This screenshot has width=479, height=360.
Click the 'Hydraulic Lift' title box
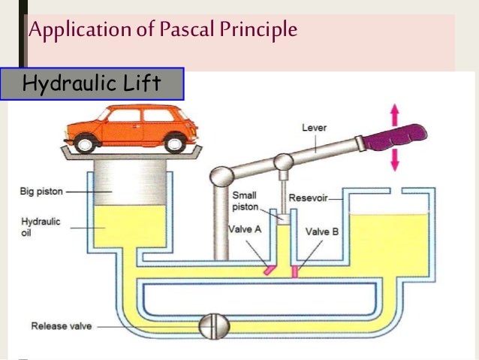[91, 83]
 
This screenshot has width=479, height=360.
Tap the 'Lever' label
[313, 128]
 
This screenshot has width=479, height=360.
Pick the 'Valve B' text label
[323, 232]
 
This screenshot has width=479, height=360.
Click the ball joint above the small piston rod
[282, 162]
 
